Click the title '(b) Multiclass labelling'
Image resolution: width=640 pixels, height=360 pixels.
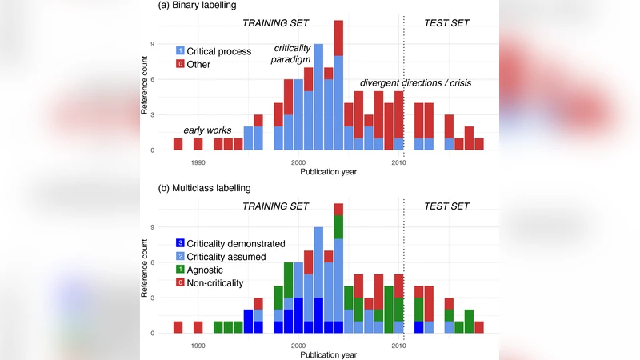tap(195, 188)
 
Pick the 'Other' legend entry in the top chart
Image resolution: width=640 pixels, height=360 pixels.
tap(198, 64)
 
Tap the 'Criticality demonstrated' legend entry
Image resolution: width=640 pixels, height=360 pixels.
tap(236, 243)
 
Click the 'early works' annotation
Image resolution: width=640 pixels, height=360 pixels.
tap(207, 130)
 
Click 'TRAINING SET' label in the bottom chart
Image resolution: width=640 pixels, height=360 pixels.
tap(275, 206)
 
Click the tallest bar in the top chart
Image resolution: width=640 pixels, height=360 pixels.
tap(338, 85)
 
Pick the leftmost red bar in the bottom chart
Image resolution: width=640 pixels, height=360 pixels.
tap(178, 327)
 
